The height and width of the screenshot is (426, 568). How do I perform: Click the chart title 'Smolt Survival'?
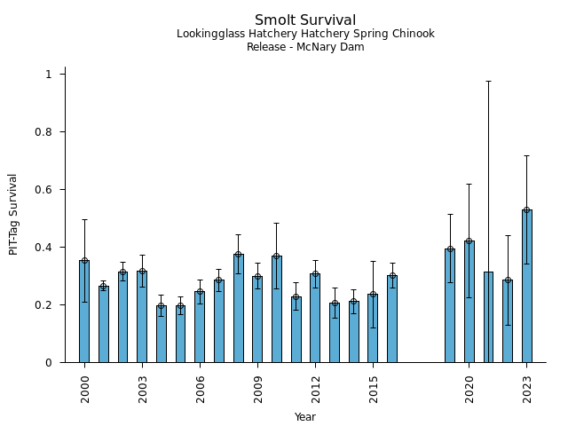click(305, 20)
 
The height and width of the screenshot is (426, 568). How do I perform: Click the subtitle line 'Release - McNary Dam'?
click(305, 47)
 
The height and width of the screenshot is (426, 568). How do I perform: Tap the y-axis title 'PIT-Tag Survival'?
click(13, 214)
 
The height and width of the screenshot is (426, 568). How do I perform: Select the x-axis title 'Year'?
click(305, 417)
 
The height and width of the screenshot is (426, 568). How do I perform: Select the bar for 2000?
click(84, 312)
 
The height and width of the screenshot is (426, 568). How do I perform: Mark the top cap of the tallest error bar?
click(488, 82)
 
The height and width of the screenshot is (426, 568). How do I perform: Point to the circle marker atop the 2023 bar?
click(527, 210)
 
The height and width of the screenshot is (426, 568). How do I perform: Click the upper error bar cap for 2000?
click(84, 220)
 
